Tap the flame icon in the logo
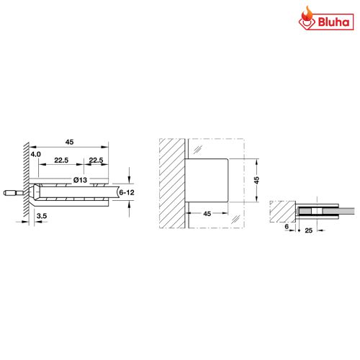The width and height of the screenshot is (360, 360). (x=305, y=17)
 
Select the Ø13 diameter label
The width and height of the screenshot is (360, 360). (x=79, y=179)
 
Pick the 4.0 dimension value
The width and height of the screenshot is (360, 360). (x=36, y=153)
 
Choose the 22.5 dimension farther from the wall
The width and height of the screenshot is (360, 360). (x=95, y=161)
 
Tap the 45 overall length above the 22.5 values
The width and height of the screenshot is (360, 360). (x=70, y=142)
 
